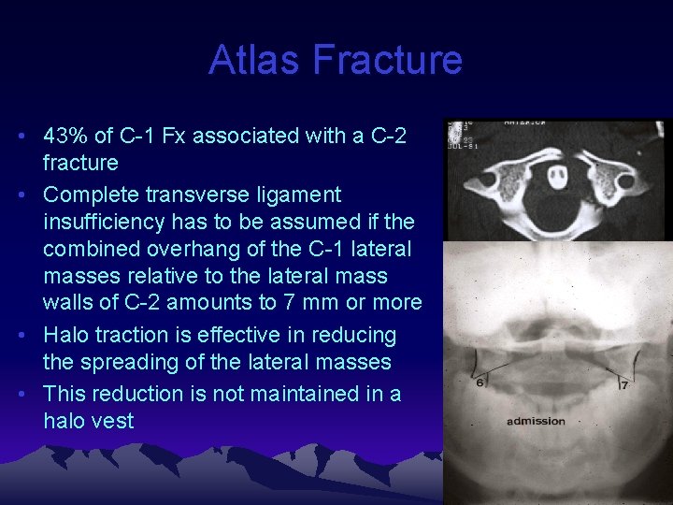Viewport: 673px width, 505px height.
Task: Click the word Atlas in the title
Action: click(255, 60)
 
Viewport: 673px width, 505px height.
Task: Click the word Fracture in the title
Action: click(388, 60)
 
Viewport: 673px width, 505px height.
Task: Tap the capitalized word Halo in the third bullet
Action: click(66, 335)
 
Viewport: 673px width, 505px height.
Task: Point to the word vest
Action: click(113, 421)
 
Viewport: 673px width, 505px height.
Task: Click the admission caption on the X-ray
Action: click(536, 421)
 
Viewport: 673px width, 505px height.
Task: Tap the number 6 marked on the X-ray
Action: click(480, 382)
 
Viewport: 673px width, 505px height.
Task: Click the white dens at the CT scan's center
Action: click(557, 176)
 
